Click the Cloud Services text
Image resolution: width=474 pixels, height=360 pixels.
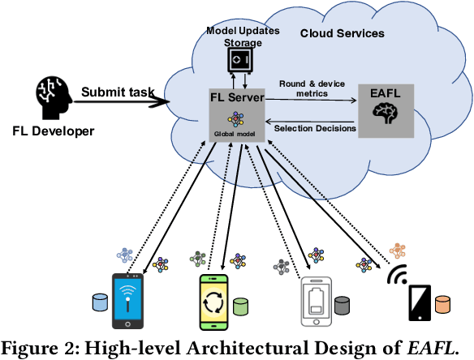[342, 33]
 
